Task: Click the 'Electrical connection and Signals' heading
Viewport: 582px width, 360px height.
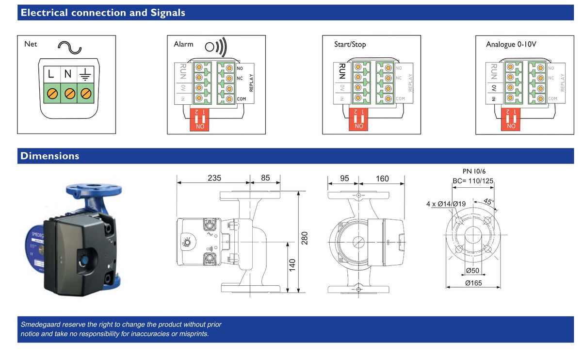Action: pyautogui.click(x=102, y=13)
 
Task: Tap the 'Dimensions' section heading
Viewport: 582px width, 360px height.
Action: pyautogui.click(x=49, y=156)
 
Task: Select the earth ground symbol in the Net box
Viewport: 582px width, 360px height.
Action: pyautogui.click(x=85, y=75)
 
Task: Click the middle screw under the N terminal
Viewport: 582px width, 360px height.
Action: pyautogui.click(x=69, y=92)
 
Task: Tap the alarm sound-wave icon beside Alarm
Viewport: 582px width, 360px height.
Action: pyautogui.click(x=215, y=47)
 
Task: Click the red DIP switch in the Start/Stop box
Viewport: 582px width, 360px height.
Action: pyautogui.click(x=359, y=119)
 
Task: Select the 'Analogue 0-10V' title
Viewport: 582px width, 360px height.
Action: pyautogui.click(x=511, y=44)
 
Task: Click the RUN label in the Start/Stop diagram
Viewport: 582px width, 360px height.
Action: pyautogui.click(x=341, y=71)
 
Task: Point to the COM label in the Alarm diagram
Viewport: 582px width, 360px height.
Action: pyautogui.click(x=242, y=99)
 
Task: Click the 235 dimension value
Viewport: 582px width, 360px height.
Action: pyautogui.click(x=214, y=178)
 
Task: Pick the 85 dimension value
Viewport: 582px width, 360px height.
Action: pyautogui.click(x=265, y=178)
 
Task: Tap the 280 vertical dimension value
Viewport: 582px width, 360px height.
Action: pyautogui.click(x=305, y=238)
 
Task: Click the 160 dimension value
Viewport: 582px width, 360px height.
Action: pyautogui.click(x=382, y=179)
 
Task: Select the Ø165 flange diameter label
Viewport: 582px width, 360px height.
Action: pyautogui.click(x=473, y=283)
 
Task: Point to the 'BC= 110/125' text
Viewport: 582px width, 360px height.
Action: pyautogui.click(x=472, y=181)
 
